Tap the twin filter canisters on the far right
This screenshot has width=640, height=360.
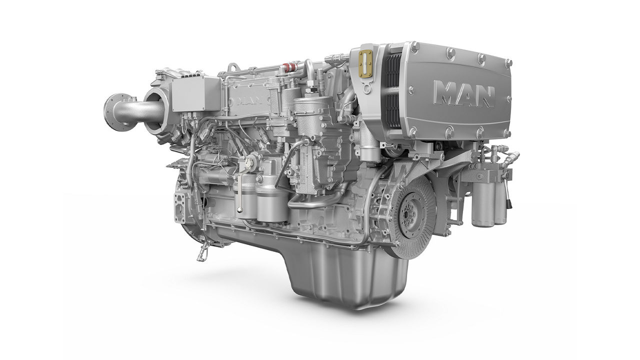pos(488,200)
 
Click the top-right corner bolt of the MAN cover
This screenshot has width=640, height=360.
pos(508,63)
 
